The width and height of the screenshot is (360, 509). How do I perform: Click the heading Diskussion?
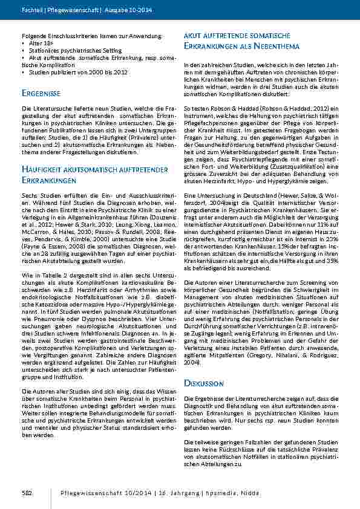pos(203,384)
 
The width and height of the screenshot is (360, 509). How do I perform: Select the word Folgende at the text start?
pos(33,37)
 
